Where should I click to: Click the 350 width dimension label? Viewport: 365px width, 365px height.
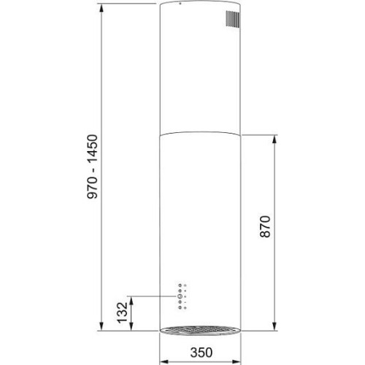(201, 353)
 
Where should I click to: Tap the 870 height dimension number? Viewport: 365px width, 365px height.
(265, 226)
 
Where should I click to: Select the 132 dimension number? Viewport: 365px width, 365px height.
(122, 312)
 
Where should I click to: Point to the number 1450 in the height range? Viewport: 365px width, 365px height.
(93, 149)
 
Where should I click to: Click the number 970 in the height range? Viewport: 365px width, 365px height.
(93, 188)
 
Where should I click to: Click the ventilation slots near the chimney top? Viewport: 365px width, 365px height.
(233, 18)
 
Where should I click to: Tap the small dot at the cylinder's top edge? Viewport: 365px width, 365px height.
(180, 4)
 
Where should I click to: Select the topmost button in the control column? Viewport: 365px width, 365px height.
(180, 285)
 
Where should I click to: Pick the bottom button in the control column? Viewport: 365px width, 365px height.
(180, 307)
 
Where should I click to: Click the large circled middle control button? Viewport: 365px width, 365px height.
(180, 296)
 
